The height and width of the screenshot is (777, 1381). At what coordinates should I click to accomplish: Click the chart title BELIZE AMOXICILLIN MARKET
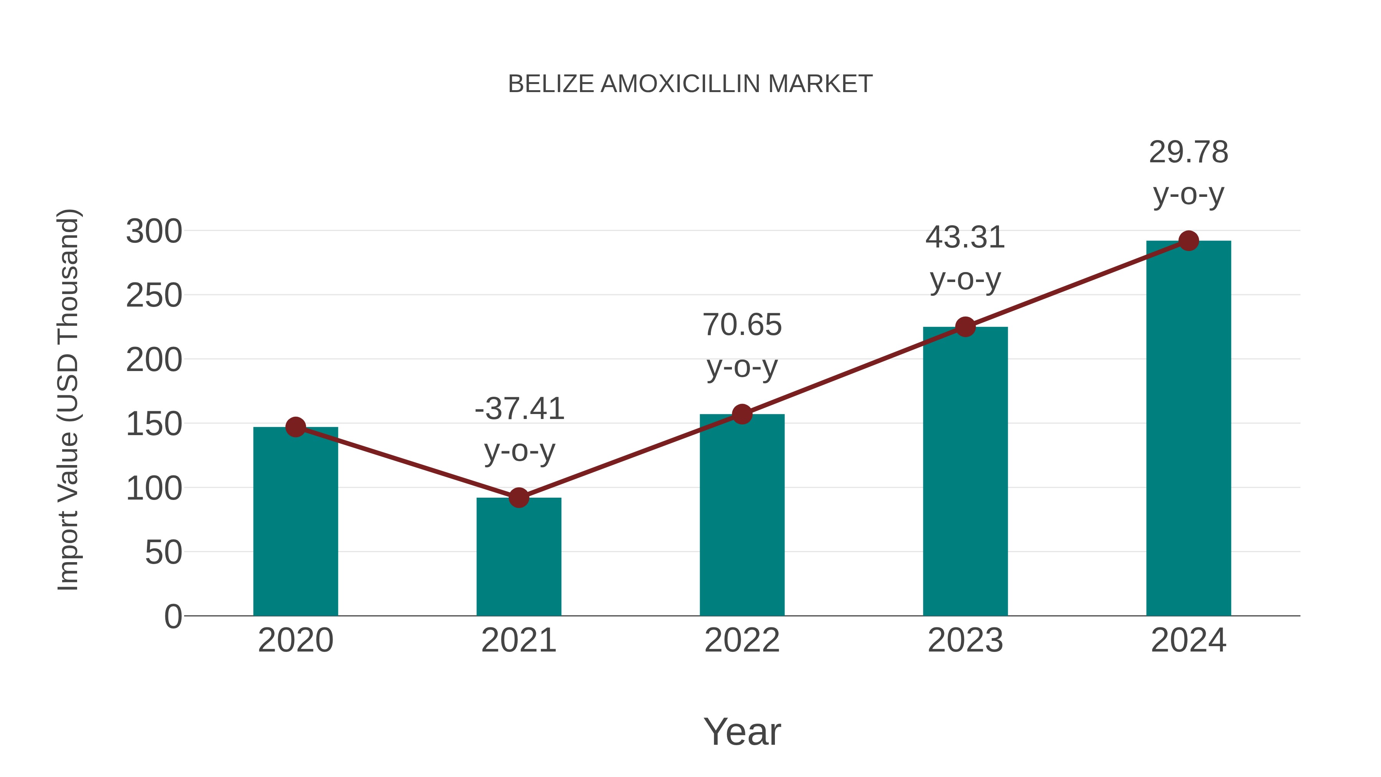690,84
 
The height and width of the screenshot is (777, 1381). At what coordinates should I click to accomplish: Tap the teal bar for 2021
518,558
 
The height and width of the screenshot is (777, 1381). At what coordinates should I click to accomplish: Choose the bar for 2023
965,472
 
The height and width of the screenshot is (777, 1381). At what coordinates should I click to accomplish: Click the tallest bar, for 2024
1188,429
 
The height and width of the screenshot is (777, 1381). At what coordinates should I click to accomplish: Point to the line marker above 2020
295,427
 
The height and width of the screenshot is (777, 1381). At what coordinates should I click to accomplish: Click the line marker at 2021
518,498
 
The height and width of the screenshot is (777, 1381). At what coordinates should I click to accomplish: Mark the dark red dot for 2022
742,414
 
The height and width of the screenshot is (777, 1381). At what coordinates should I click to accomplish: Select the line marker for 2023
965,327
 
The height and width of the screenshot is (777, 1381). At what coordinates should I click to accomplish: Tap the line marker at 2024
1188,241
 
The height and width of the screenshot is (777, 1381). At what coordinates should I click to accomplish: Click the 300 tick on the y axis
154,232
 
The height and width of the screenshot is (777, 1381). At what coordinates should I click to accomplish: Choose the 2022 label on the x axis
742,640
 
